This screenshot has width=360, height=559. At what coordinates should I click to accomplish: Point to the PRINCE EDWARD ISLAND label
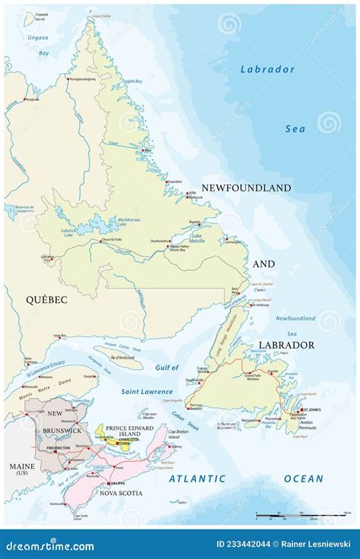pos(133,429)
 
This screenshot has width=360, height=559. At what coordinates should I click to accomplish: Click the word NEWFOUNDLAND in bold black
pos(246,187)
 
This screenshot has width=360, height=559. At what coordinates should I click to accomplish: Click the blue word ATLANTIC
pos(197,478)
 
